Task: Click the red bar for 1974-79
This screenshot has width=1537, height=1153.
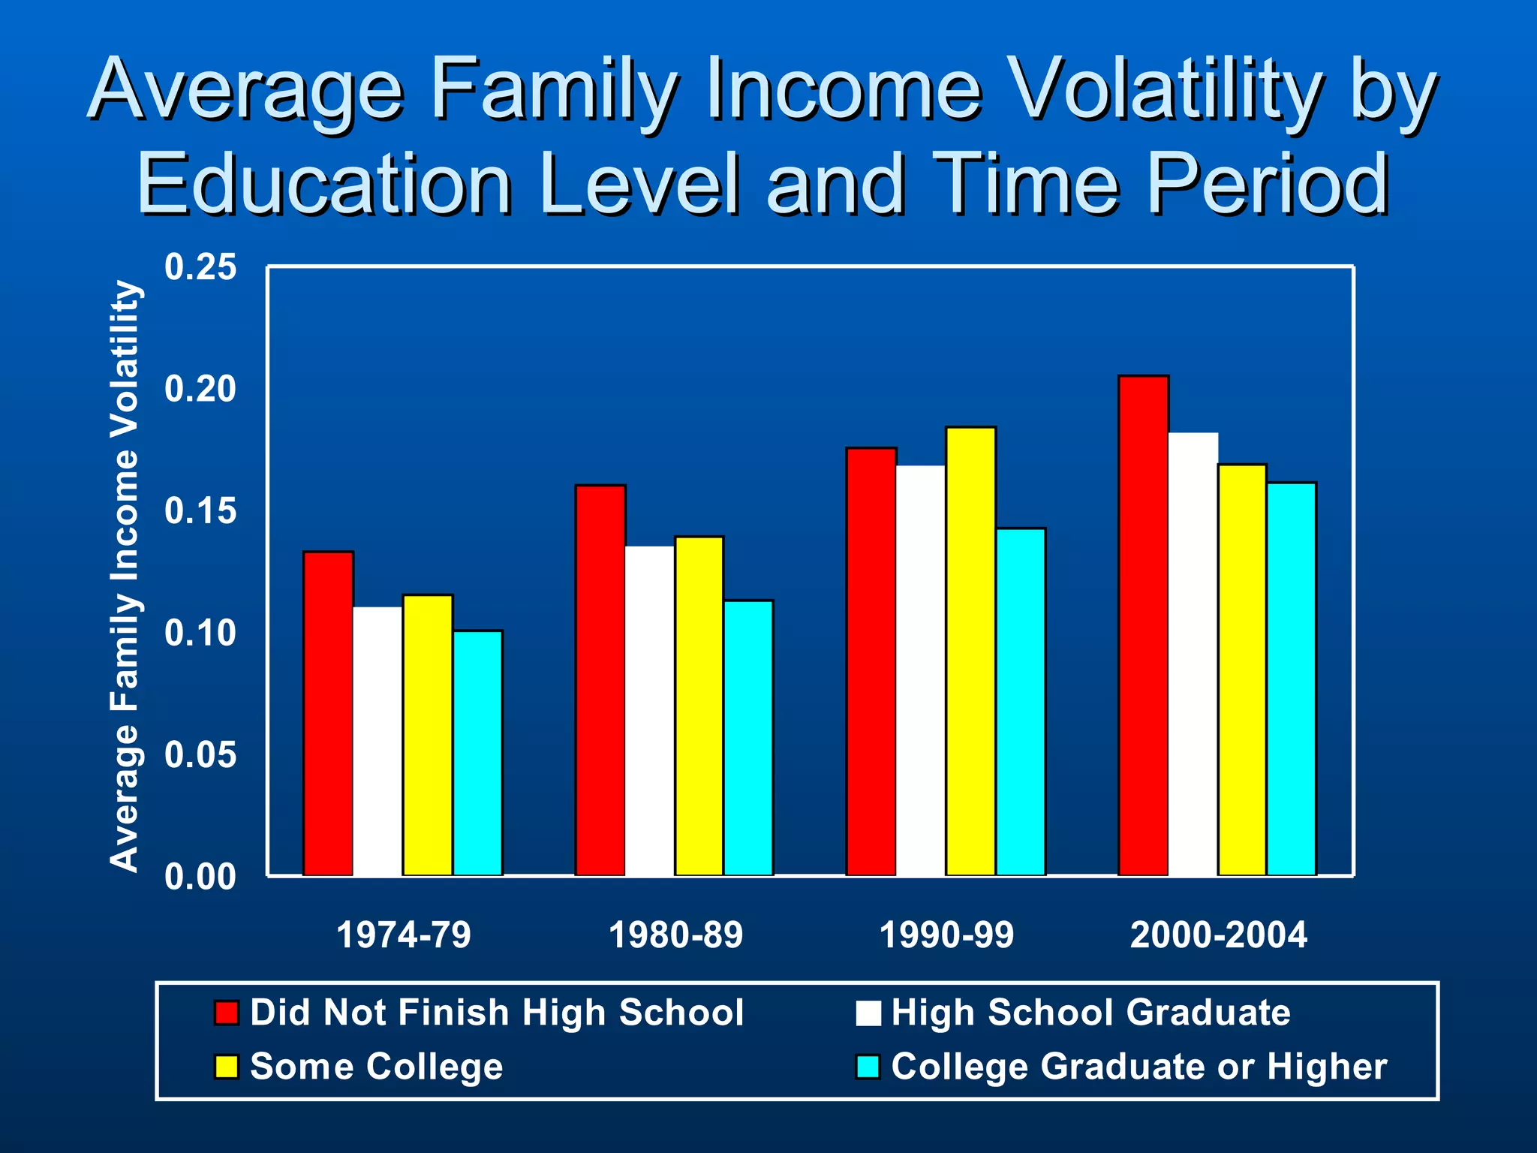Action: coord(328,713)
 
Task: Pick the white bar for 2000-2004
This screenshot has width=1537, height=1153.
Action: coord(1193,654)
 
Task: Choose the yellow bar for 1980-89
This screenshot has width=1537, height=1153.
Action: coord(699,706)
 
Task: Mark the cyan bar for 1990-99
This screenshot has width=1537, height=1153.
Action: coord(1021,702)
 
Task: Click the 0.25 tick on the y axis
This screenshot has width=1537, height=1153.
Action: coord(200,268)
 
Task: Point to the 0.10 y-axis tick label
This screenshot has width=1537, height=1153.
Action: coord(200,634)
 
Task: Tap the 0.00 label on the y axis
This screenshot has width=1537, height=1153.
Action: coord(200,877)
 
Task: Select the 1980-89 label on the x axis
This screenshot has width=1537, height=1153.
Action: coord(675,935)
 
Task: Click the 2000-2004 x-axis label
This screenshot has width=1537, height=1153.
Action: coord(1218,935)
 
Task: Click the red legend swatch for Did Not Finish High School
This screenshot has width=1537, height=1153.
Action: coord(226,1013)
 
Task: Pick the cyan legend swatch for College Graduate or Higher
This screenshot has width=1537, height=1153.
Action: coord(868,1067)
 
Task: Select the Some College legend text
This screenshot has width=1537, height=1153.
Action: coord(376,1067)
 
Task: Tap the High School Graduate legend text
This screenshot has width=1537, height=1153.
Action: coord(1090,1013)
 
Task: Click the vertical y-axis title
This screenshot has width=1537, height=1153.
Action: coord(125,576)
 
